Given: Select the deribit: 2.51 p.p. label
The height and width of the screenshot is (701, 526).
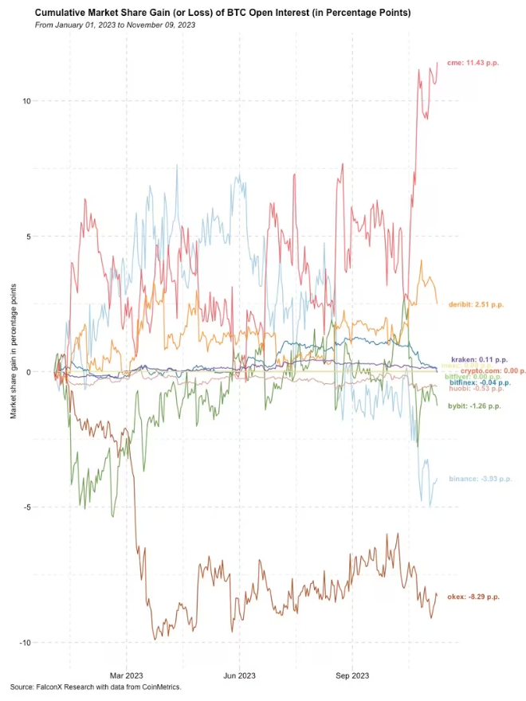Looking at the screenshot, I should tap(477, 304).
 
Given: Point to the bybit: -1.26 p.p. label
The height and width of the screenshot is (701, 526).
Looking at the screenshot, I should tap(474, 406).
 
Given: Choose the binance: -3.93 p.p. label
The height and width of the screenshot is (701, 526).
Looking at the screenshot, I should tap(477, 479).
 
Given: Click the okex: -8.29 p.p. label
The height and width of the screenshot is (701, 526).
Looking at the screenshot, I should tap(473, 597).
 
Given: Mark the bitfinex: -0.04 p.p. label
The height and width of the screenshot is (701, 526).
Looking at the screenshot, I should tap(477, 383).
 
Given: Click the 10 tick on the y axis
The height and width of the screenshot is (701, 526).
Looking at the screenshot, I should tap(26, 101).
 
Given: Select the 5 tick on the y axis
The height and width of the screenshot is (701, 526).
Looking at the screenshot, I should tap(28, 237).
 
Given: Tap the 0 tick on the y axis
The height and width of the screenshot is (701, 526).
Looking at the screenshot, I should tap(28, 372).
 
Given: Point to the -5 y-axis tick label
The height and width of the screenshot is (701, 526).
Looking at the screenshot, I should tap(26, 507).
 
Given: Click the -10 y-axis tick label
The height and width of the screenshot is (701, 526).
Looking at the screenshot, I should tap(25, 643).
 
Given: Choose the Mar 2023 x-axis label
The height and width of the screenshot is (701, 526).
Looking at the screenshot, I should tap(126, 676).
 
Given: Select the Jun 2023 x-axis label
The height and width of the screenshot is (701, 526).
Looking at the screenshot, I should tap(239, 676).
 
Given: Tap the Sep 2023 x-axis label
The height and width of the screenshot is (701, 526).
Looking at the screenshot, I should tap(352, 676).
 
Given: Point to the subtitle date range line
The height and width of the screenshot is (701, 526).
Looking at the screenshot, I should tap(116, 25).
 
